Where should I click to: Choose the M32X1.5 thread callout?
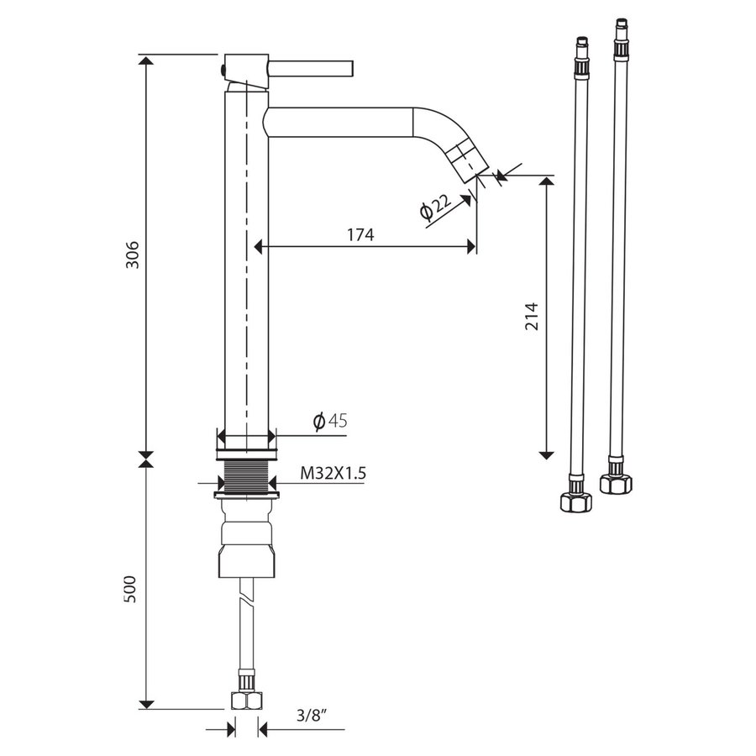333,474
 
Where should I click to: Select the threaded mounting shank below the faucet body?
246,477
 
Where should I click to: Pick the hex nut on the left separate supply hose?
576,501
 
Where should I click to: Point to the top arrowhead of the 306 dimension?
146,61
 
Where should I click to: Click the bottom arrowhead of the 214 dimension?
547,453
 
